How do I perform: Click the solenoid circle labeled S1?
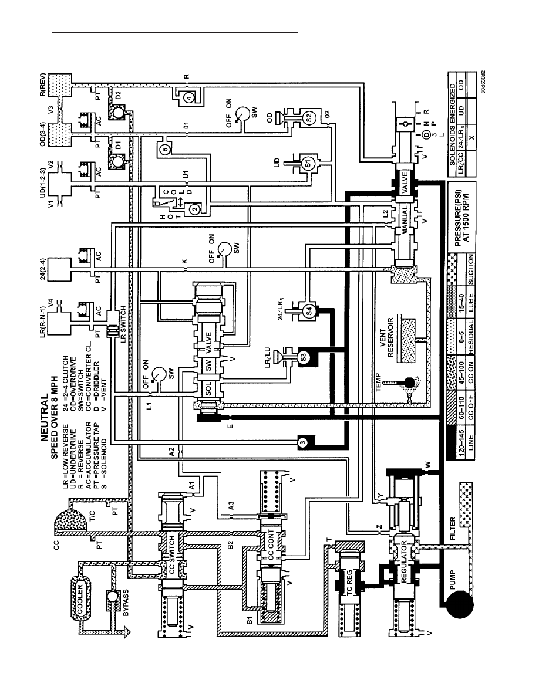(308, 164)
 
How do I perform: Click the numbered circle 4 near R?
(190, 98)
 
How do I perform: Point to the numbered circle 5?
(165, 150)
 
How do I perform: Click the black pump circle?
(459, 603)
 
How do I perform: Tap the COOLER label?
(80, 598)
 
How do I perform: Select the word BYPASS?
(126, 603)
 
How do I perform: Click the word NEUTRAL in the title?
(45, 418)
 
